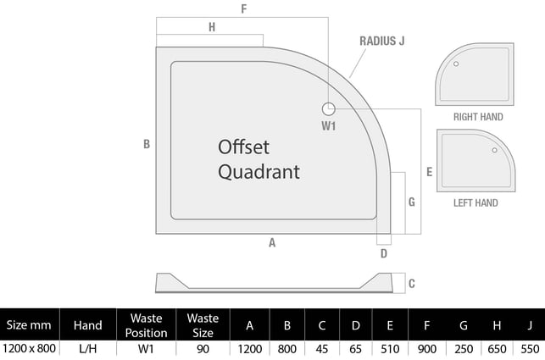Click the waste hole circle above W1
click(329, 108)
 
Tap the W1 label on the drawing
click(329, 126)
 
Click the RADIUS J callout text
click(383, 41)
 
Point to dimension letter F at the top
click(243, 9)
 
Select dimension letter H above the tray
click(211, 27)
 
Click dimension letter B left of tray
click(147, 144)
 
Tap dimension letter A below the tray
click(272, 243)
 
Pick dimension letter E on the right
click(430, 171)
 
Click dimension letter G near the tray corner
click(411, 202)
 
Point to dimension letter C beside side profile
click(411, 284)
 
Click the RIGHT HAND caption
click(478, 117)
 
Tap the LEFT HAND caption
click(475, 203)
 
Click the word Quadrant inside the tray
click(259, 172)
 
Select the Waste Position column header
click(146, 325)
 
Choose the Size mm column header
click(29, 325)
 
